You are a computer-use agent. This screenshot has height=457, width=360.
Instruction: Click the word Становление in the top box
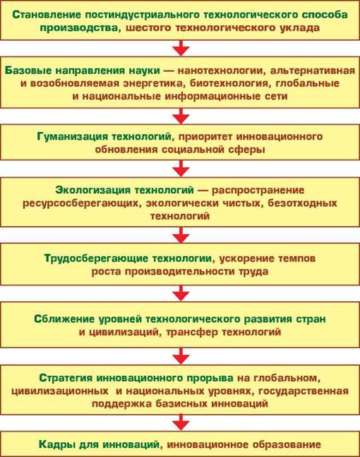click(x=47, y=15)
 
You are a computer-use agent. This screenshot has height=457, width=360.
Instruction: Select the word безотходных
click(x=303, y=203)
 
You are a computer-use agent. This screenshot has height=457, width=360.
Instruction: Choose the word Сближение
click(x=64, y=319)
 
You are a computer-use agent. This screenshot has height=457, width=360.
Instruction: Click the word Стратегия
click(x=66, y=378)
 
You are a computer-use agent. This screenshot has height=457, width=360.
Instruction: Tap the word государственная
click(x=304, y=391)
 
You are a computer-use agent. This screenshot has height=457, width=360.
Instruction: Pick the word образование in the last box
click(x=287, y=445)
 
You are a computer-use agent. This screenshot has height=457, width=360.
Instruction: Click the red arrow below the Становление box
click(x=181, y=48)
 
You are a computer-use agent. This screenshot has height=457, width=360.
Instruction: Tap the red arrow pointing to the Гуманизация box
click(x=181, y=116)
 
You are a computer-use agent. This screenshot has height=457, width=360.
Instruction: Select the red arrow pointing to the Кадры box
click(x=181, y=422)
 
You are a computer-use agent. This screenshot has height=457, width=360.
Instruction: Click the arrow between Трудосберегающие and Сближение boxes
click(x=181, y=293)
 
